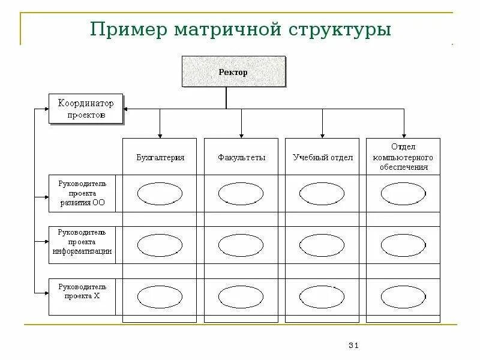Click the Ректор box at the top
[x=233, y=72]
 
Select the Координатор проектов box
[x=86, y=108]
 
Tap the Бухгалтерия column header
[x=159, y=157]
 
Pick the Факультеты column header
[x=241, y=157]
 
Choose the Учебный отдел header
[x=322, y=157]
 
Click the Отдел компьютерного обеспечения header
[x=403, y=157]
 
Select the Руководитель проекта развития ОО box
[x=82, y=193]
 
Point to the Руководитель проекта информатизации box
[x=82, y=245]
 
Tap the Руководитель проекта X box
[x=82, y=296]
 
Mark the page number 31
[x=353, y=345]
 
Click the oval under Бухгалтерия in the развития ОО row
[x=159, y=194]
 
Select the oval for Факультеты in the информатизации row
[x=241, y=245]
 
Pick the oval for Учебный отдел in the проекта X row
[x=322, y=296]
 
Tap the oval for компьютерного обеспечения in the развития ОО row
[x=403, y=194]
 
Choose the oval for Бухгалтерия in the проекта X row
[x=159, y=296]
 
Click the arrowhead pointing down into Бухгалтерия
[x=160, y=136]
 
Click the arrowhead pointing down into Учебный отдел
[x=322, y=136]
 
